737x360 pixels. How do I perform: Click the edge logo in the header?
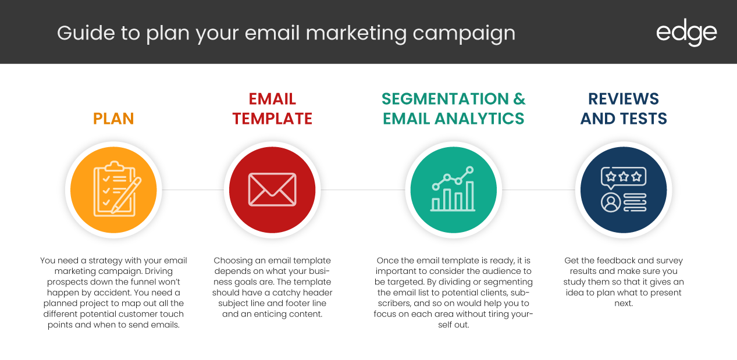(686, 33)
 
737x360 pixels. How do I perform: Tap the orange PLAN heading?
(113, 119)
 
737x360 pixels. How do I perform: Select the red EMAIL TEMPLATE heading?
(272, 109)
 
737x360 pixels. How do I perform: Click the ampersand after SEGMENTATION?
(519, 99)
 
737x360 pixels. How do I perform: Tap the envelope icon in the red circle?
(272, 190)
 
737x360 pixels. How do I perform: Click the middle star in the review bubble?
(624, 177)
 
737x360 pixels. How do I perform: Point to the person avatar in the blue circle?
(611, 202)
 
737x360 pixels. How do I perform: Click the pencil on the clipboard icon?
(126, 195)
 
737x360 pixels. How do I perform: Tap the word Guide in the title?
(86, 33)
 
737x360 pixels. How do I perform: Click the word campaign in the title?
(464, 34)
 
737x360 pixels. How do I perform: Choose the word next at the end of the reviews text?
(624, 304)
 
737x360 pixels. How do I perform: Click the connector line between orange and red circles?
(193, 190)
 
